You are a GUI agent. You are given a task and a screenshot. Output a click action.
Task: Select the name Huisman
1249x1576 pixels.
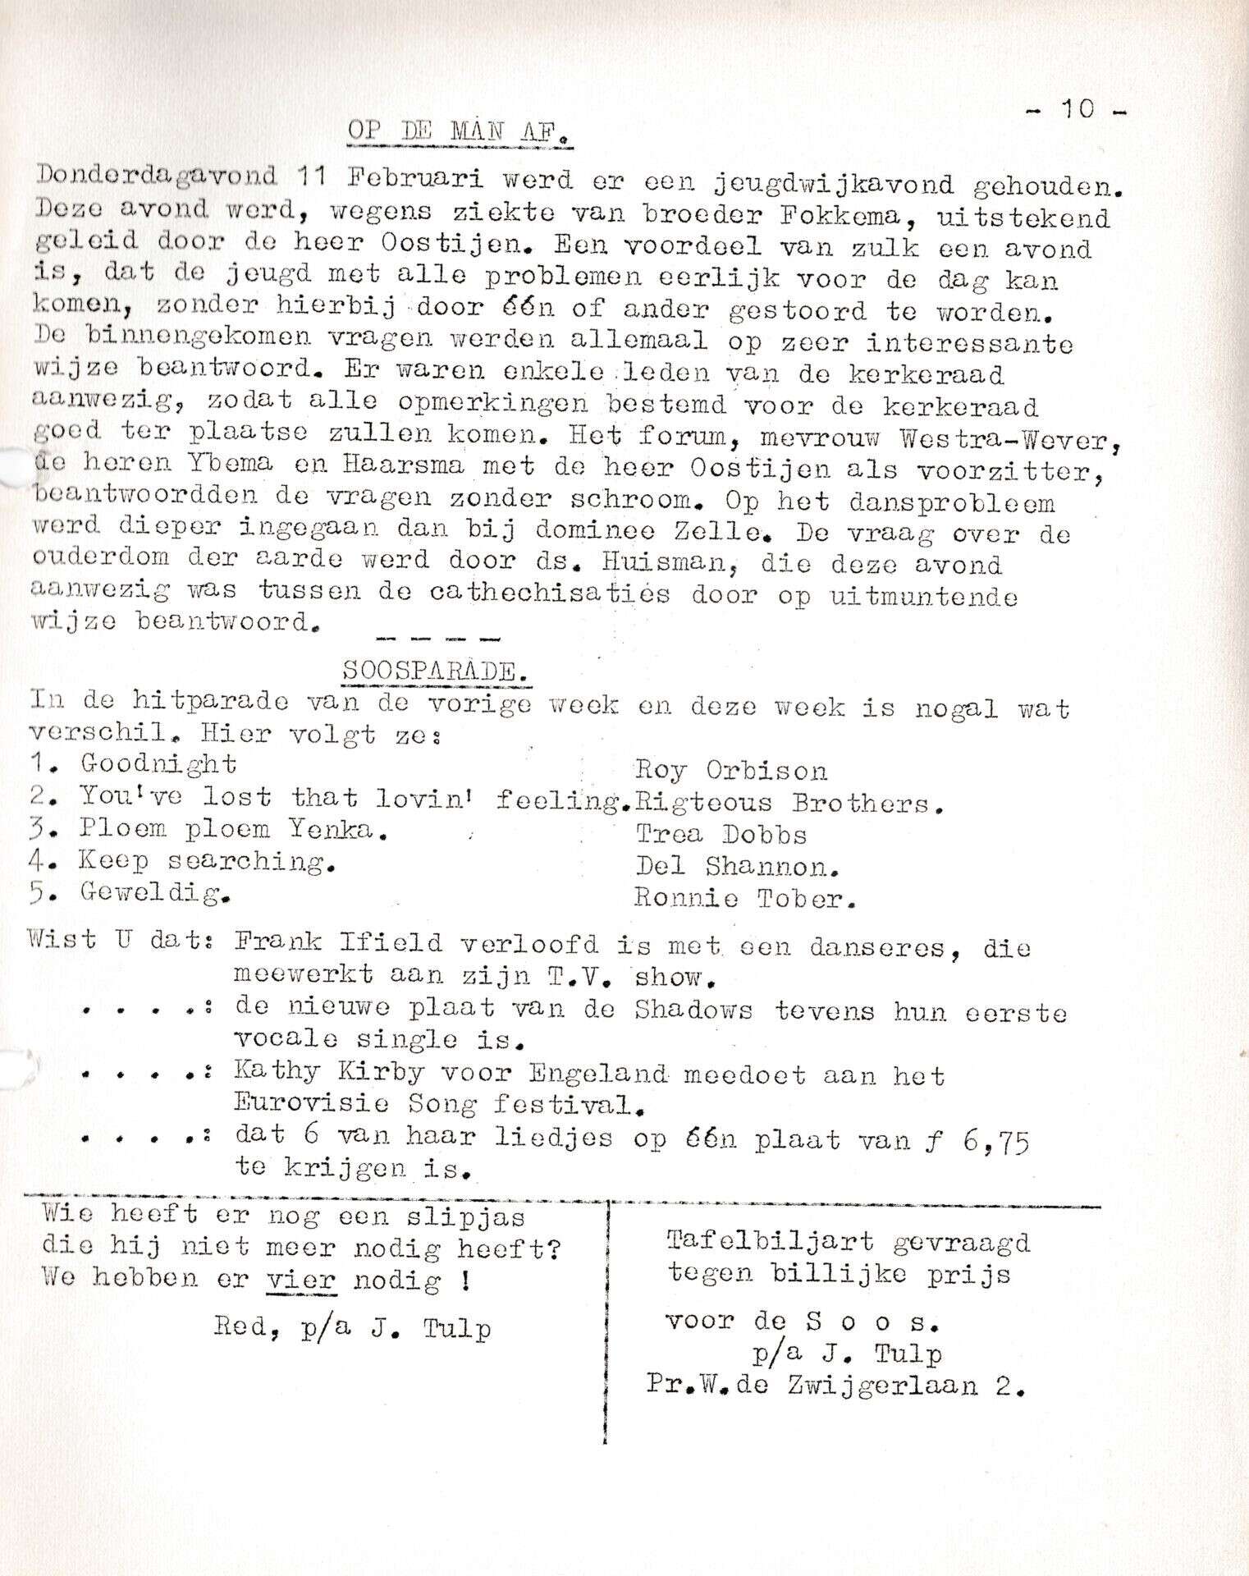pyautogui.click(x=657, y=564)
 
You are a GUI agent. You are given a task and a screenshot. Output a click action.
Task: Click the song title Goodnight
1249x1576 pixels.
pyautogui.click(x=158, y=764)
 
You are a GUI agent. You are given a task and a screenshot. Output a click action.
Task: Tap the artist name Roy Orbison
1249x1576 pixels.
pyautogui.click(x=730, y=771)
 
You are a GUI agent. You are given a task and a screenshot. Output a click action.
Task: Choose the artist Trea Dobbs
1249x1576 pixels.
pyautogui.click(x=721, y=834)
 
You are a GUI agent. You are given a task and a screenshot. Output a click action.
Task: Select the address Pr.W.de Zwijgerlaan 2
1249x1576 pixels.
pyautogui.click(x=835, y=1386)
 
